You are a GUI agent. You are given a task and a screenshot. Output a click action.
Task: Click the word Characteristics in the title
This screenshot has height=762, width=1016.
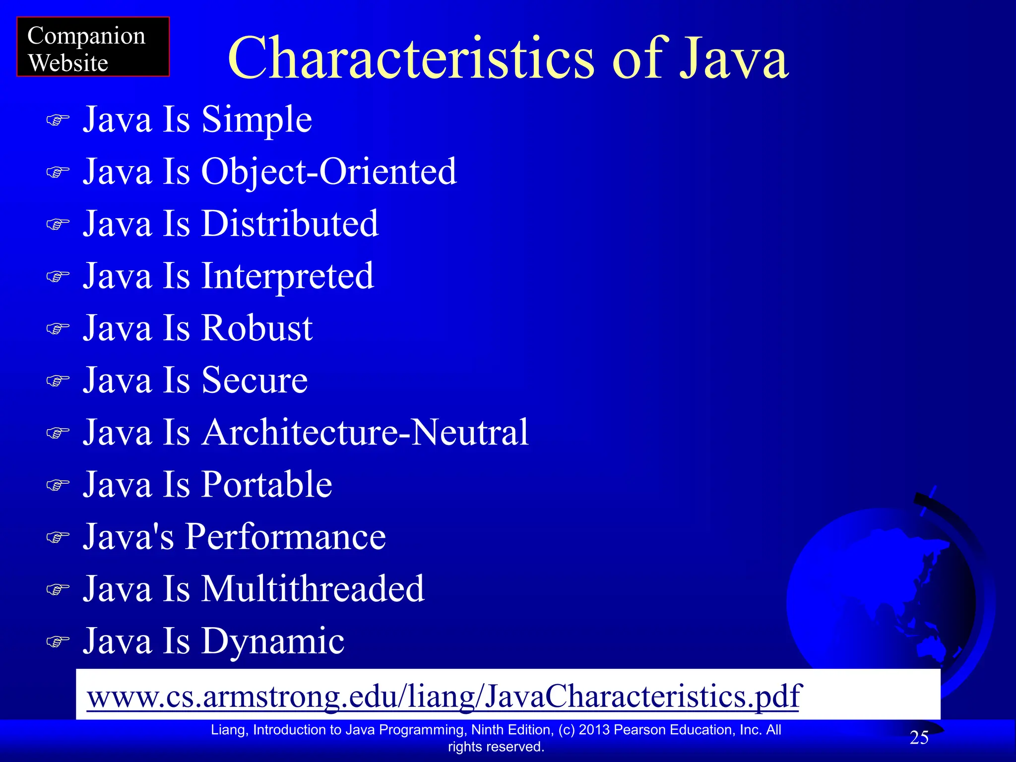coord(411,58)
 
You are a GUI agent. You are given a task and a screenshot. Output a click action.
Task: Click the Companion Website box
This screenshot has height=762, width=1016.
coord(93,47)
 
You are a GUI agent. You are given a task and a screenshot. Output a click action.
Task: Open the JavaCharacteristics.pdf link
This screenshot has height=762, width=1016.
coord(444,696)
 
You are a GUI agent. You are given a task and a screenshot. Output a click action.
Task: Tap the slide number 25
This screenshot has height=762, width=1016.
coord(919,738)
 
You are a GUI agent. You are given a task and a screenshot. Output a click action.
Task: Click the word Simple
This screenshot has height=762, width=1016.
coord(256,120)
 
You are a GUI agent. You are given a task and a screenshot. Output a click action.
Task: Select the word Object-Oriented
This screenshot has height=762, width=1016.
coord(328,172)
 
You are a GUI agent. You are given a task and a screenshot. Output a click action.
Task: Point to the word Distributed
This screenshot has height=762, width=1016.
coord(290,224)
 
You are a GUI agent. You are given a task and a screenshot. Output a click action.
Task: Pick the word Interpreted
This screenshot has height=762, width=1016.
coord(287,276)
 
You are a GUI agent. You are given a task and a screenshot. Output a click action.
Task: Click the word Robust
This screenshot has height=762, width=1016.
coord(256,328)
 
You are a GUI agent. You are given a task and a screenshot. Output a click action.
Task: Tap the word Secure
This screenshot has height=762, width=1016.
coord(254,380)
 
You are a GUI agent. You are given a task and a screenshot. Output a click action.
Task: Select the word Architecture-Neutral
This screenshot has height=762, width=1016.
coord(365,432)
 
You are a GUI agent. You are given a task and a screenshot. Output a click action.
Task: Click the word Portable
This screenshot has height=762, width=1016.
coord(266,484)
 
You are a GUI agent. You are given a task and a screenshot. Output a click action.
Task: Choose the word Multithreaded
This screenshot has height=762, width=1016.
coord(313,589)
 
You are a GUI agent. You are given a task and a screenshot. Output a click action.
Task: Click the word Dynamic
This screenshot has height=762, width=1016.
coord(272,641)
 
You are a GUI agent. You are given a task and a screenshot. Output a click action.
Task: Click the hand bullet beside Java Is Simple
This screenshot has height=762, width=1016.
coord(58,121)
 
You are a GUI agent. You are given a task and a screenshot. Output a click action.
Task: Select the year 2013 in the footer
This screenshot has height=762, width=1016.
coord(594,730)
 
